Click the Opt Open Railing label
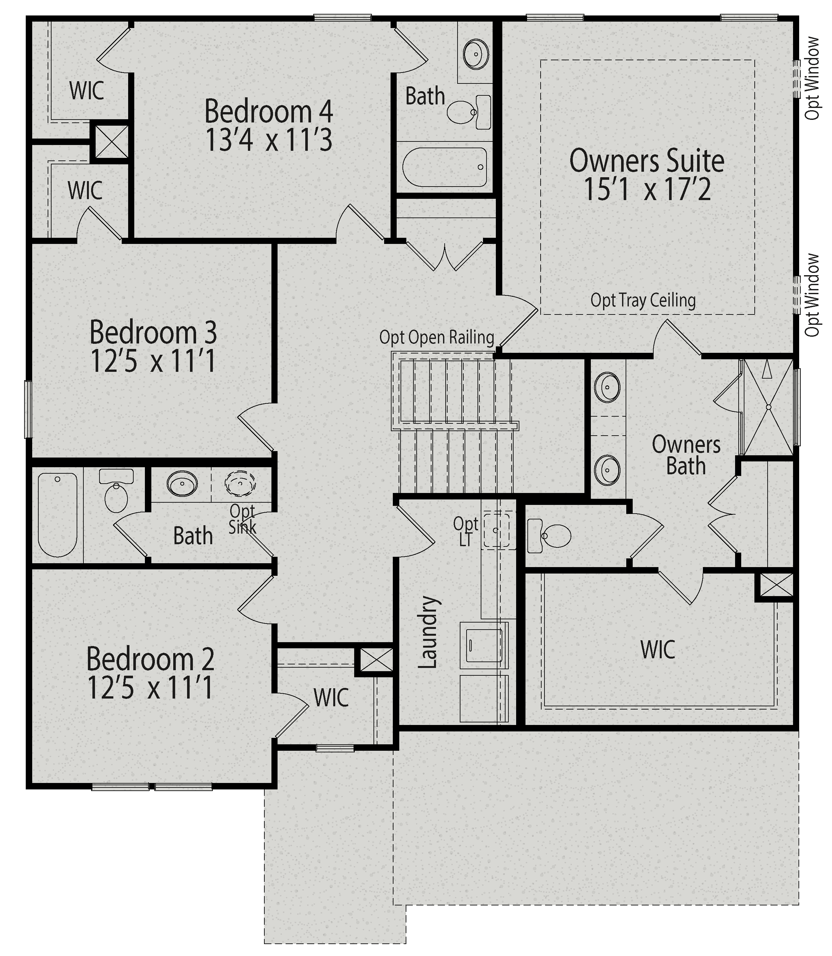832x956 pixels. [436, 337]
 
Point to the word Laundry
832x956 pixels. [428, 632]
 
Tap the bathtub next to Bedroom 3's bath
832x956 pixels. [58, 514]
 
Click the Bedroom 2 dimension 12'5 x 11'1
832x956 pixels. [150, 688]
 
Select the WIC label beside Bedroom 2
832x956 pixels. [331, 698]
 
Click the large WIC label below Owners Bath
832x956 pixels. [657, 649]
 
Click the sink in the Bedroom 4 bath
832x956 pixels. [476, 54]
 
